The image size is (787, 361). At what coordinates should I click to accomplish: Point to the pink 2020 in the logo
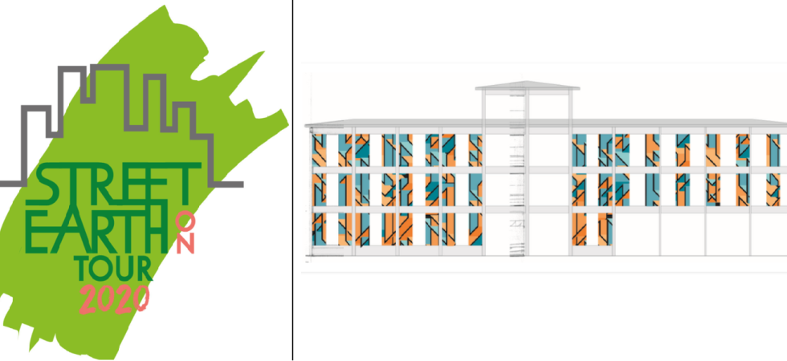point(114,298)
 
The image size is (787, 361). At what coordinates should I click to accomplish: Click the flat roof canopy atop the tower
point(528,86)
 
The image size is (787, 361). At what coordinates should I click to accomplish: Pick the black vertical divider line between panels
point(292,180)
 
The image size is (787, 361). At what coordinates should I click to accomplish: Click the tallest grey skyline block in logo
point(110,95)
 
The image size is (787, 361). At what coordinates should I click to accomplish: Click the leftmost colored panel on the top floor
point(319,150)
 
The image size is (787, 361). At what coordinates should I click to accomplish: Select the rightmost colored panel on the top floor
point(773,150)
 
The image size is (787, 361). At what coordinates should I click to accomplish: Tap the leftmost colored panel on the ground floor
point(319,229)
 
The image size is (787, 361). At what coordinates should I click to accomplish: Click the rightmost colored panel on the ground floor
point(606,229)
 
